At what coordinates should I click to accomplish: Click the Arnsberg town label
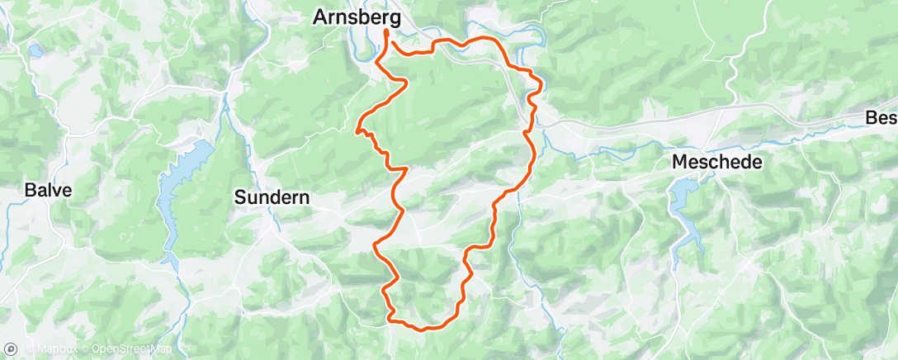(x=357, y=17)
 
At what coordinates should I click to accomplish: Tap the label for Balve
(x=48, y=190)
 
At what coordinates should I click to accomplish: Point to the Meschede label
(x=716, y=162)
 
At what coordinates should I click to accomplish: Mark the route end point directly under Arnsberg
(x=386, y=32)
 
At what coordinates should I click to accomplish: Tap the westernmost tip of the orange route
(x=357, y=130)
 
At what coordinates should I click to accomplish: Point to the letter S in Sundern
(x=240, y=197)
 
